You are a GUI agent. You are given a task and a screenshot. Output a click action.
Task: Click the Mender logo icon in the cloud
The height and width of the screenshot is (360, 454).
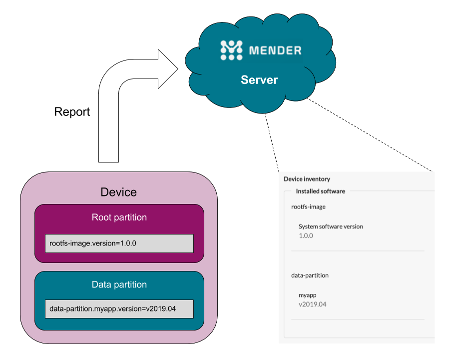231,50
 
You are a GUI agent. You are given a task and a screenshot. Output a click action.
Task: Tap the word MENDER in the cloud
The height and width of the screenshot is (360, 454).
275,50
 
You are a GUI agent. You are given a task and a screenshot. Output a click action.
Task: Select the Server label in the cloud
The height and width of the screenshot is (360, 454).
259,80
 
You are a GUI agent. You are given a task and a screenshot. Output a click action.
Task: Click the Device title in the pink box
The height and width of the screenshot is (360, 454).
118,192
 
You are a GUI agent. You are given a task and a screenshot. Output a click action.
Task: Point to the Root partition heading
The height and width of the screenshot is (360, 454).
119,217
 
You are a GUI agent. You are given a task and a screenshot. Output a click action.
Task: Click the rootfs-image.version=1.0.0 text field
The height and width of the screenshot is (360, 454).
119,243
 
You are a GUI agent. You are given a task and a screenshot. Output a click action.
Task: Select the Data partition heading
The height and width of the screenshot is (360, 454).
119,284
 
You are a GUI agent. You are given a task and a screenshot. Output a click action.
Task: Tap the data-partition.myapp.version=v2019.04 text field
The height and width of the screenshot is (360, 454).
119,309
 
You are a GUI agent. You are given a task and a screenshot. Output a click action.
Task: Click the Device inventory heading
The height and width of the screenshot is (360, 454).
307,179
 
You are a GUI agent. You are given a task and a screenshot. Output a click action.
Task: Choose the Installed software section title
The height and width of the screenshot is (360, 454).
320,191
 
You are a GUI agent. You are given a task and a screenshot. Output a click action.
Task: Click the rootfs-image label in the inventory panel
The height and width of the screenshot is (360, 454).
308,206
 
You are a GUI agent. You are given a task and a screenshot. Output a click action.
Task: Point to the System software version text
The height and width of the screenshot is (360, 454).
331,226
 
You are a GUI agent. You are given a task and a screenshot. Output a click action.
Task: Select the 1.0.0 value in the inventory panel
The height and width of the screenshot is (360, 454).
306,235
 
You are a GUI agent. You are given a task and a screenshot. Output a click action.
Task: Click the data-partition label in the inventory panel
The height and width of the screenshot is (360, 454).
310,275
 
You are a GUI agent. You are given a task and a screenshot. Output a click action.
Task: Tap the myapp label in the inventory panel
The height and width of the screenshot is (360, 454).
307,295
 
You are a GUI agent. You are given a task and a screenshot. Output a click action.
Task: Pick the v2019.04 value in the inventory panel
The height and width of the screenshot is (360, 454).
312,304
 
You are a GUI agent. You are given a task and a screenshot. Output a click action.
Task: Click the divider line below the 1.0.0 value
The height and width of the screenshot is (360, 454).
358,250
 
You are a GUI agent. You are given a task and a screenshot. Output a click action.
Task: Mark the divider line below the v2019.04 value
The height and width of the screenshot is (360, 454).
358,319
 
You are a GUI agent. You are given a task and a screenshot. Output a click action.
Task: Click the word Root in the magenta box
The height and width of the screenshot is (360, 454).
102,217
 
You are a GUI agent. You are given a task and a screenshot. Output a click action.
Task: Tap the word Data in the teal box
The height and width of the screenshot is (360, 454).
102,284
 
